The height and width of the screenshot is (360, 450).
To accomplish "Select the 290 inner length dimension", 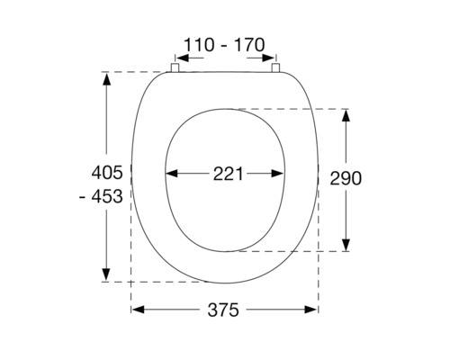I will [345, 178].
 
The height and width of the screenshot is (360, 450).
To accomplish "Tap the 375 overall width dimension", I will [222, 310].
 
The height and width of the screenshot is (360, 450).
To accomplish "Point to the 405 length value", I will [108, 172].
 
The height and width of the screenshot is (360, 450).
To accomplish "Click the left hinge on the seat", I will [177, 67].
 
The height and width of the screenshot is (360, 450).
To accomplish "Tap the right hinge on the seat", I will [274, 67].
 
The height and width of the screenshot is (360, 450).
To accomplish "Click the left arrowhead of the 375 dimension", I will [138, 310].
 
